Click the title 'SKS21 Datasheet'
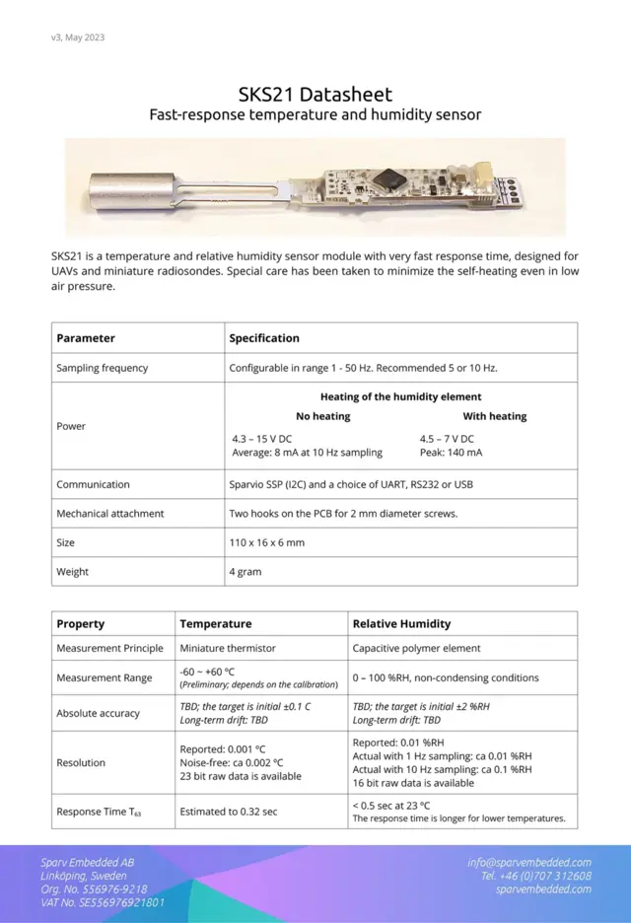pos(315,95)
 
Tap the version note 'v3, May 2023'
pos(78,37)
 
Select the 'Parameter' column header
pos(86,338)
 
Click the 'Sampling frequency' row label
pos(103,368)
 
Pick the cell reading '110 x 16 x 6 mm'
pos(267,542)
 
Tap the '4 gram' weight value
pos(245,572)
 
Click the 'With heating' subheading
pos(495,416)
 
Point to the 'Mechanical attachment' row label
pos(110,514)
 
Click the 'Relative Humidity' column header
pos(401,624)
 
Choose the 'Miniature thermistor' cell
pos(227,648)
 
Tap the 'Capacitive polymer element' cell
pos(417,648)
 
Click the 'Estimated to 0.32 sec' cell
pos(229,813)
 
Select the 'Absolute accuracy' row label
pos(99,713)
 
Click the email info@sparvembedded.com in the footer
pos(529,862)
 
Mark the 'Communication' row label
pos(93,484)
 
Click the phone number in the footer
pos(536,876)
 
